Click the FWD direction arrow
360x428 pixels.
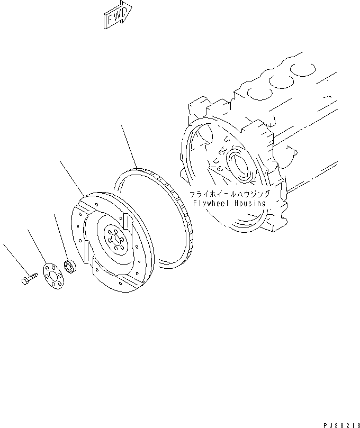(x=118, y=16)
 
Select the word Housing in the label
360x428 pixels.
(x=249, y=203)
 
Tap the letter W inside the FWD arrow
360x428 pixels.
(x=118, y=16)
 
